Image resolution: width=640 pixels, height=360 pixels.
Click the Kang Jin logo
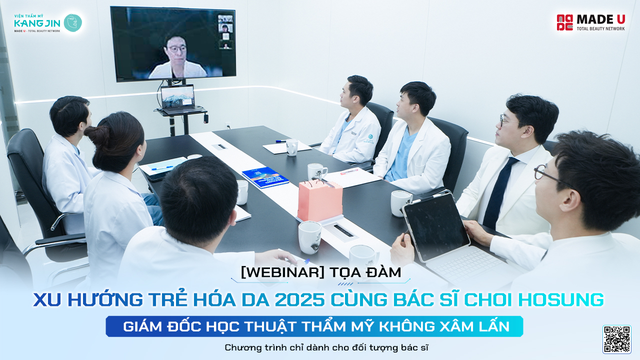47,23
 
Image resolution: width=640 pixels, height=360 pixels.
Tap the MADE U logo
590,22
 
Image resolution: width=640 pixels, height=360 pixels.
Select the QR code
616,339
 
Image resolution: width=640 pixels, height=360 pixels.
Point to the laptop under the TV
178,99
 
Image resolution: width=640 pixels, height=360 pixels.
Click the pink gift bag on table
320,200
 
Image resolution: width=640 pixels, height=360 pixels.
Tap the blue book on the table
265,177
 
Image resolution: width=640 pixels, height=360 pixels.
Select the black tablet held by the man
436,226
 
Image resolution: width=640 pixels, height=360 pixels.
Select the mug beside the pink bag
317,171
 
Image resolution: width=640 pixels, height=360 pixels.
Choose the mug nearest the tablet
400,203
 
